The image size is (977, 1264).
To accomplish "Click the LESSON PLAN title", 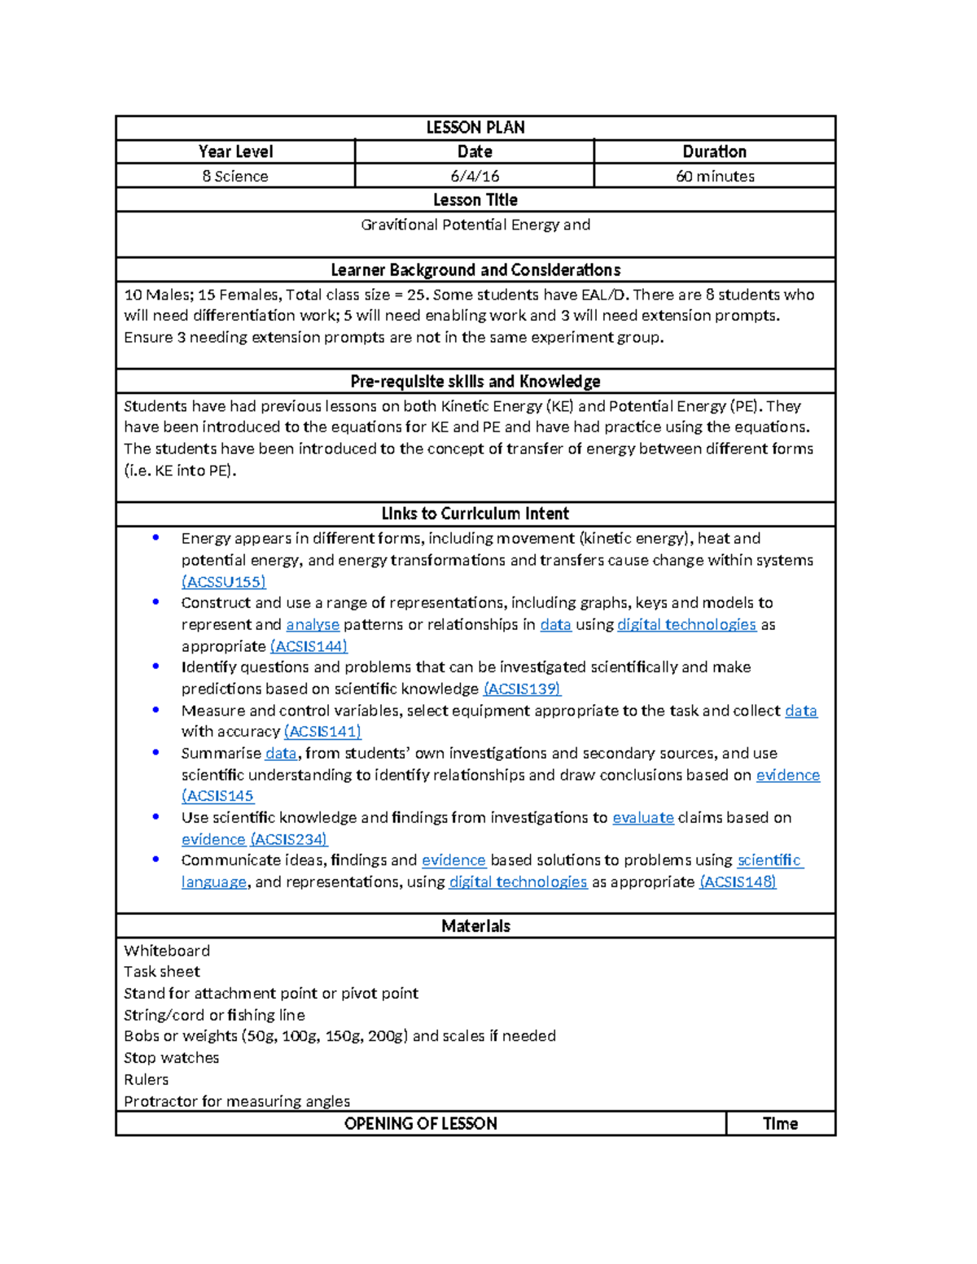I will tap(475, 128).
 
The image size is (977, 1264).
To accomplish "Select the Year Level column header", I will tap(235, 151).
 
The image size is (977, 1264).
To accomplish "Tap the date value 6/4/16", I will tap(475, 176).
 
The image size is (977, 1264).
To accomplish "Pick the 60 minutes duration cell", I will tap(715, 176).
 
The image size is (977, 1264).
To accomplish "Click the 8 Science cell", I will tap(235, 176).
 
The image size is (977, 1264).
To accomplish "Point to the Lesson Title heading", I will tap(475, 200).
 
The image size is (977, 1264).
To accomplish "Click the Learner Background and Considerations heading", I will tap(475, 270).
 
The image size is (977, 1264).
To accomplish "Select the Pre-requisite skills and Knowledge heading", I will tap(475, 382).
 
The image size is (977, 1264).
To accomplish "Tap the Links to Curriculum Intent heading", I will tap(475, 514).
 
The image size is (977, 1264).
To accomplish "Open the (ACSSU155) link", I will tap(224, 582).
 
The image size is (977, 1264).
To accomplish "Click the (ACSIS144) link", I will tap(309, 646).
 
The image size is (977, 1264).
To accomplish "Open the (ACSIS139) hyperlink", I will tap(522, 689).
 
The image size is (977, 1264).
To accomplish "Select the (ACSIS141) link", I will tap(322, 732).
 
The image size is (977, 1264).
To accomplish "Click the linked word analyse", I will tap(313, 624).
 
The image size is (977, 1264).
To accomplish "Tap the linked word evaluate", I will tap(643, 817).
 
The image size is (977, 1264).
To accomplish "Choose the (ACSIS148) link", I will tap(738, 882).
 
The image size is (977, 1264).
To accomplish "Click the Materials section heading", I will tap(475, 926).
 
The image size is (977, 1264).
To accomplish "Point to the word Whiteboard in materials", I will tap(167, 951).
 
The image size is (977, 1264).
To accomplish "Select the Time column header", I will tap(780, 1124).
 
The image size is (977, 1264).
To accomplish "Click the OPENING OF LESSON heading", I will tap(420, 1124).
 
